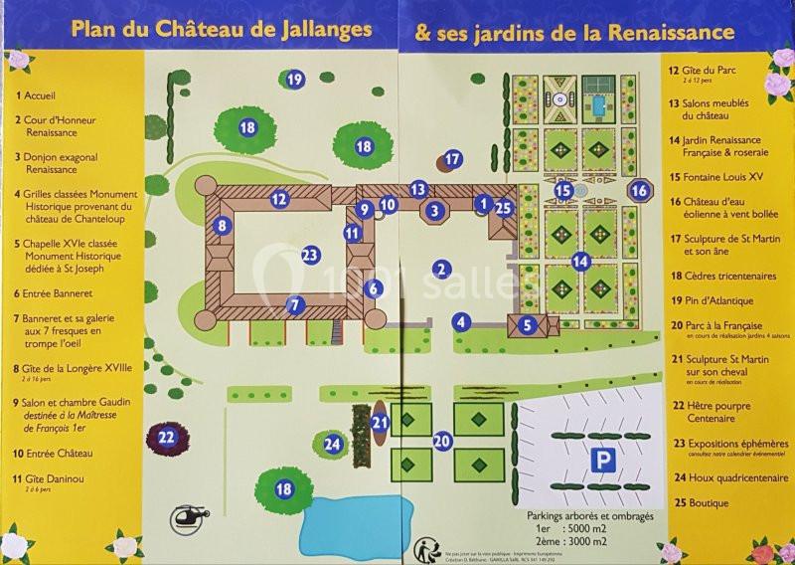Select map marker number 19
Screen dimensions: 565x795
tap(294, 80)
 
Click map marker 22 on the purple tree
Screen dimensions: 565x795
tap(168, 436)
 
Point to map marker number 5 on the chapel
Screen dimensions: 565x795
tap(529, 323)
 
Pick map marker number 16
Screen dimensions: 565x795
tap(640, 189)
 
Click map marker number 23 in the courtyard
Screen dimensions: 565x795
tap(310, 255)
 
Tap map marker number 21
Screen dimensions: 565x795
tap(380, 422)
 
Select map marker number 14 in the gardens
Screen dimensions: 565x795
tap(581, 262)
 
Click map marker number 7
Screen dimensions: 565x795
tap(294, 304)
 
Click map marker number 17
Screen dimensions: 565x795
tap(453, 158)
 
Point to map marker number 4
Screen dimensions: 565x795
tap(460, 321)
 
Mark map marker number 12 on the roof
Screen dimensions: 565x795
tap(279, 199)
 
